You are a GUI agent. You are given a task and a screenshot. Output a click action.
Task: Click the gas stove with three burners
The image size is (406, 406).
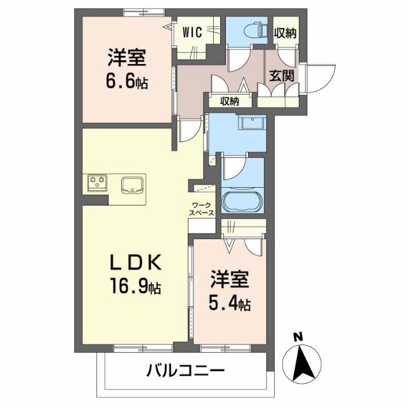tap(98, 183)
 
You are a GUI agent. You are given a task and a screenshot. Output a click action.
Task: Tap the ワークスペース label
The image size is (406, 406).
tap(203, 209)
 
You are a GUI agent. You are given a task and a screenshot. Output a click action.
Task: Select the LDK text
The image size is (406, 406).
tap(135, 262)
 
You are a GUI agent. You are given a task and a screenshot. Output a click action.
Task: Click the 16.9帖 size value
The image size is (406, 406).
tap(135, 286)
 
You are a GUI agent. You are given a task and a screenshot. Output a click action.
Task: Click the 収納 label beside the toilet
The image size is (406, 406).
tap(285, 33)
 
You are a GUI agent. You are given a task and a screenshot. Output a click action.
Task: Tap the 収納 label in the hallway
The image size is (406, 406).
tap(229, 101)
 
